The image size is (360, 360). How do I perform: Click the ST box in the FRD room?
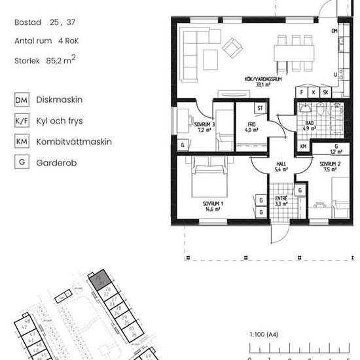pos(260,108)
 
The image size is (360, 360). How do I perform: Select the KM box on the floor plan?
pos(304,146)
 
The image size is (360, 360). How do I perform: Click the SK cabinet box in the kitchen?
pos(325,93)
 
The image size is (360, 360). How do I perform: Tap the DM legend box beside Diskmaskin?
pos(22,101)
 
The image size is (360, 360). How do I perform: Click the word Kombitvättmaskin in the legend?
pos(74,141)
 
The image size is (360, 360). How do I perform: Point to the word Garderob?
pos(56,162)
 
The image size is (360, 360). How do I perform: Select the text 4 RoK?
pos(67,41)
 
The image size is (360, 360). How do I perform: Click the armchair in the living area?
pos(233,46)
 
